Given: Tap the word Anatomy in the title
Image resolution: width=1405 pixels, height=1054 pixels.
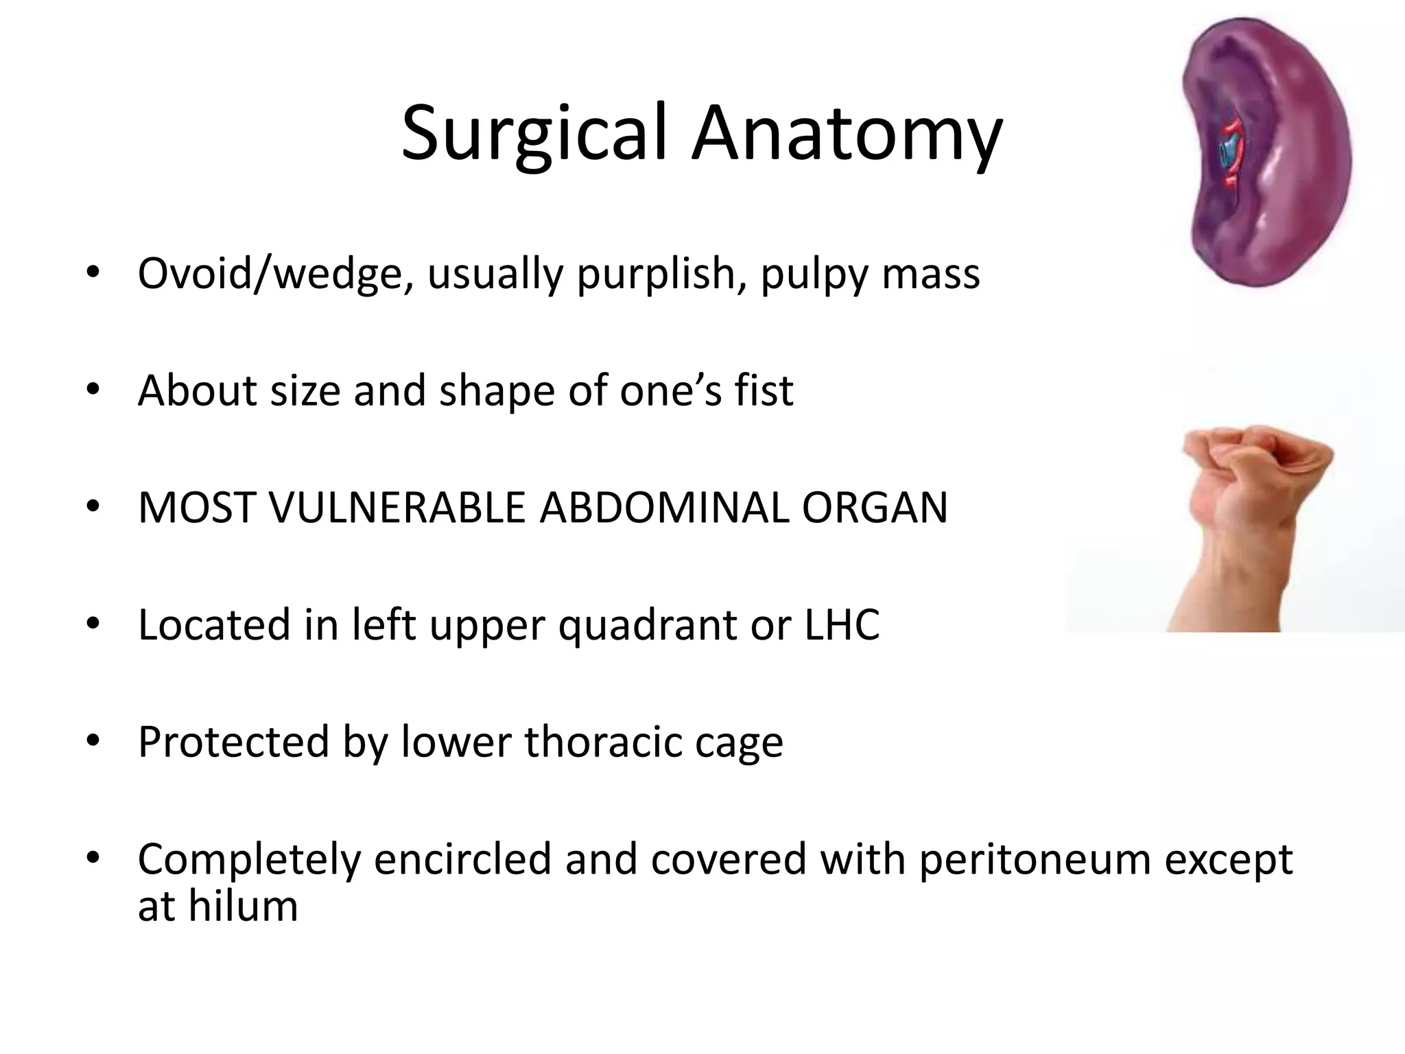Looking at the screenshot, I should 847,134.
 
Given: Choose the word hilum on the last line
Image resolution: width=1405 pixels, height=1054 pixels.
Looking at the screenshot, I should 243,906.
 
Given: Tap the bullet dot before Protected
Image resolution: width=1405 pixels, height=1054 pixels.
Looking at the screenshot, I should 93,740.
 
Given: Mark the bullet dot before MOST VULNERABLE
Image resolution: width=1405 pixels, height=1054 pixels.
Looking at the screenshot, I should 93,507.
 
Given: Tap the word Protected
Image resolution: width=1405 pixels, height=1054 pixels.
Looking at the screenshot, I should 233,742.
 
